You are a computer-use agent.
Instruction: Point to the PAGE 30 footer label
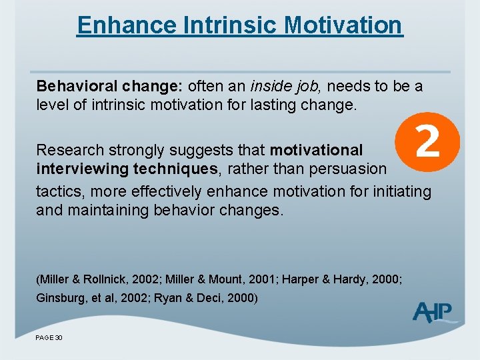pyautogui.click(x=49, y=338)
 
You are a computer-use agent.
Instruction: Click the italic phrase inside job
pyautogui.click(x=287, y=87)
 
